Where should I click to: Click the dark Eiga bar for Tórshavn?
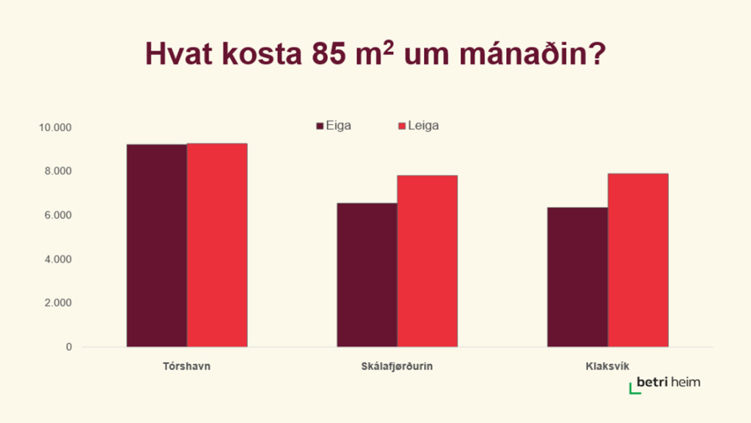tap(156, 245)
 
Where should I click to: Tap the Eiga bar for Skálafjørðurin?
tap(367, 275)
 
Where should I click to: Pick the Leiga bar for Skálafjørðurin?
tap(427, 261)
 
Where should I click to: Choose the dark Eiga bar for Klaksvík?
tap(577, 277)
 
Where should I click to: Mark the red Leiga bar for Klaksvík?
tap(638, 260)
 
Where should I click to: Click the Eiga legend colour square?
tap(320, 126)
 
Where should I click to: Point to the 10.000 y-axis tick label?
tap(56, 128)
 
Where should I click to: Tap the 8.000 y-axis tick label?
tap(59, 171)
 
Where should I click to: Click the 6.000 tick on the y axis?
tap(59, 215)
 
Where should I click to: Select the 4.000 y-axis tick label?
tap(59, 259)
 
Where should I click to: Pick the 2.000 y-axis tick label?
tap(59, 303)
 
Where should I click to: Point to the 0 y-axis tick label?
tap(69, 347)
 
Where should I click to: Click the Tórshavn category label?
tap(186, 366)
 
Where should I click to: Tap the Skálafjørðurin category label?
tap(397, 366)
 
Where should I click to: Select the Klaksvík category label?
tap(607, 366)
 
